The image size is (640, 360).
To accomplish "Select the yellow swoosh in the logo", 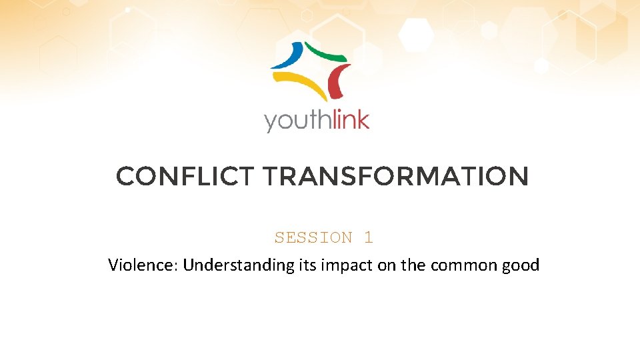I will tap(297, 85).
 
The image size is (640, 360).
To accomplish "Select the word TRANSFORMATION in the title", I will tap(396, 177).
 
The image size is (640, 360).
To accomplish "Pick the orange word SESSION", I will tap(313, 237).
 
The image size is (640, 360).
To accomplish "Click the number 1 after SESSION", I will tap(369, 237).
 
